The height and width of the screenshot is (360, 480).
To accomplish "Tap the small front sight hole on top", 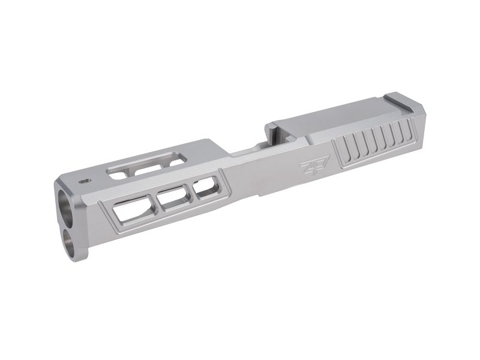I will click(83, 179).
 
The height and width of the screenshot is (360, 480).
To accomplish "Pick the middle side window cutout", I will click(173, 198).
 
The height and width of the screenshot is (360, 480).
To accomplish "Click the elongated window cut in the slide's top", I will click(144, 166).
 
